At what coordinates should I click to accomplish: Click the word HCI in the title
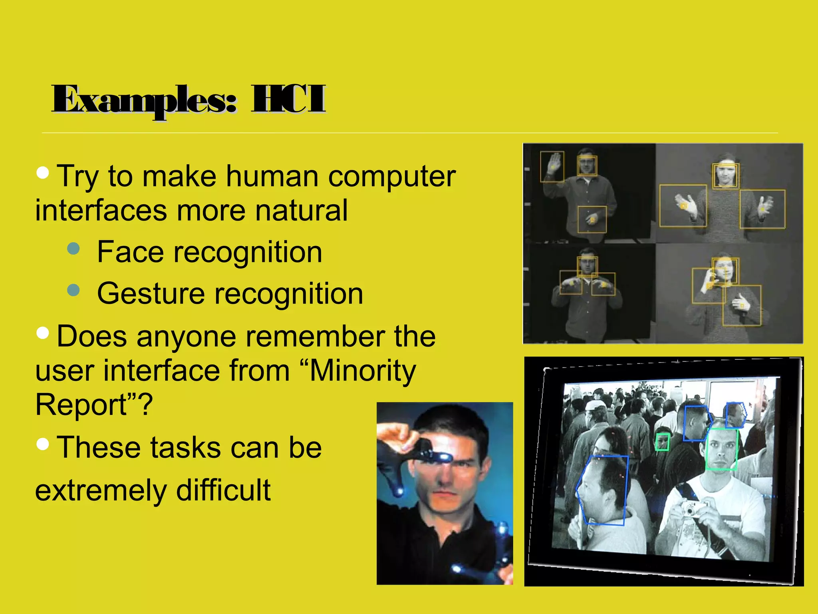(288, 99)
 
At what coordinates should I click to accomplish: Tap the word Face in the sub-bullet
(130, 252)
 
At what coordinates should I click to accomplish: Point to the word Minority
(363, 371)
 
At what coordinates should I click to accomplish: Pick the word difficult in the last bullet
(223, 490)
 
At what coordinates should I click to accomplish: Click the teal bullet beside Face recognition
(73, 249)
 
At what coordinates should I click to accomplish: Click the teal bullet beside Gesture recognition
(73, 290)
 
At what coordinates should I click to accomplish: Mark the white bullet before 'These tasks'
(42, 444)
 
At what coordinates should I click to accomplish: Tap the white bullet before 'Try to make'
(42, 173)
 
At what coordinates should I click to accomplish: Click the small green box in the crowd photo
(663, 442)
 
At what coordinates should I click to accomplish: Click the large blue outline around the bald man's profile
(603, 490)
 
